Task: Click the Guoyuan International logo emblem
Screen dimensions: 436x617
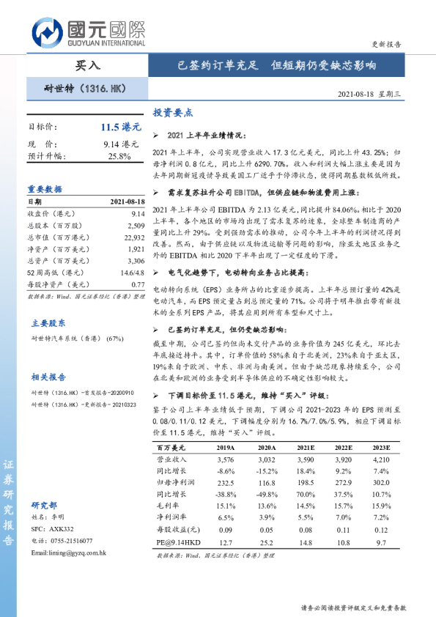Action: click(46, 33)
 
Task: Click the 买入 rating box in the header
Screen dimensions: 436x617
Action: click(88, 65)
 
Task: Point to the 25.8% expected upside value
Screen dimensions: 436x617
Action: click(119, 156)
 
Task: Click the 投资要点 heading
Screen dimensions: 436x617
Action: click(173, 114)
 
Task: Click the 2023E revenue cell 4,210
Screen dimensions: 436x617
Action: click(380, 460)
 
